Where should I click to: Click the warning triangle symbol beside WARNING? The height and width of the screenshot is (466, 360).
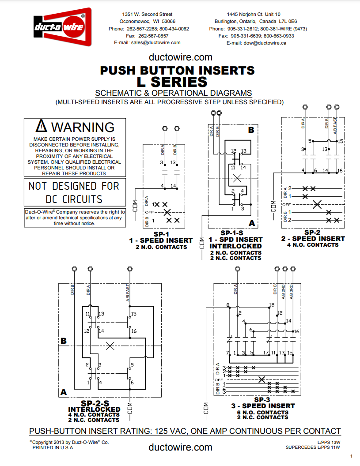(41, 126)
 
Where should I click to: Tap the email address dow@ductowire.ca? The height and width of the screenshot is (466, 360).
(256, 43)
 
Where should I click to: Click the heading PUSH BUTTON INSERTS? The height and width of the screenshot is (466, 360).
(177, 70)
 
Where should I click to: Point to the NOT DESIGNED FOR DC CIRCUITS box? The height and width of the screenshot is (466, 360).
(74, 192)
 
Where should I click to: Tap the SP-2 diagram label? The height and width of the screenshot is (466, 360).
(312, 232)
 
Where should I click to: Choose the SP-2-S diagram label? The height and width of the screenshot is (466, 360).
(95, 403)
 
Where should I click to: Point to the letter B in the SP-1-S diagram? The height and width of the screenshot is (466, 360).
(251, 130)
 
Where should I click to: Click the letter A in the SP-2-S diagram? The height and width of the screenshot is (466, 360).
(64, 392)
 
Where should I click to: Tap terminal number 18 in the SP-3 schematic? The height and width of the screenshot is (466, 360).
(272, 305)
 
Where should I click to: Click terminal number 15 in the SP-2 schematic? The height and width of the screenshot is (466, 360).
(340, 141)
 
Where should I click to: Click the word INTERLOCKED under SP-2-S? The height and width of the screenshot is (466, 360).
(94, 409)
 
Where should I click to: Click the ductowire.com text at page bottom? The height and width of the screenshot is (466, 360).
(180, 447)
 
